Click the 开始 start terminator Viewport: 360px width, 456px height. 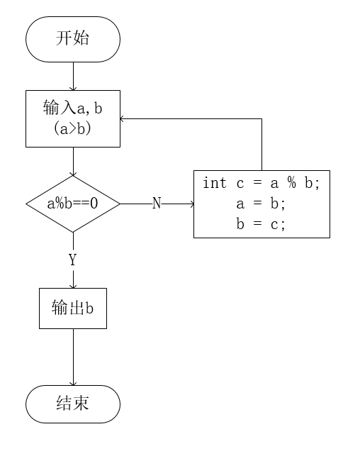(x=73, y=39)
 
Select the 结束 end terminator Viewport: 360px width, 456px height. (x=73, y=404)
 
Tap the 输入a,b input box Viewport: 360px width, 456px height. (x=73, y=118)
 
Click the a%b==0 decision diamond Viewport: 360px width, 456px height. (x=73, y=204)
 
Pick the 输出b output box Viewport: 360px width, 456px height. (x=73, y=308)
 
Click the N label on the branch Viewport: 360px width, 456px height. (x=157, y=204)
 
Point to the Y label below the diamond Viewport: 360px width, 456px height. (x=73, y=260)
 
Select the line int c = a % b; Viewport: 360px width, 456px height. (x=261, y=184)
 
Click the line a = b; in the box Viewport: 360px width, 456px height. (x=261, y=204)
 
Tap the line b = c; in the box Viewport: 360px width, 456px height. (x=261, y=224)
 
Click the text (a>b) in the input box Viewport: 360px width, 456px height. (x=73, y=130)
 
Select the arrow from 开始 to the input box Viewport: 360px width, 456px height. (x=73, y=76)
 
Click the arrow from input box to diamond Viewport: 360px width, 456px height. (x=73, y=162)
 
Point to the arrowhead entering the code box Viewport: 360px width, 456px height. (x=191, y=204)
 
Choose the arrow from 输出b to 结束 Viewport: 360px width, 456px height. (x=73, y=357)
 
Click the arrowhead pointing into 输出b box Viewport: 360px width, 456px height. (x=73, y=285)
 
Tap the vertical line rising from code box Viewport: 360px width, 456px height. (x=262, y=145)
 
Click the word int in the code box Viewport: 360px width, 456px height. (x=215, y=184)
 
